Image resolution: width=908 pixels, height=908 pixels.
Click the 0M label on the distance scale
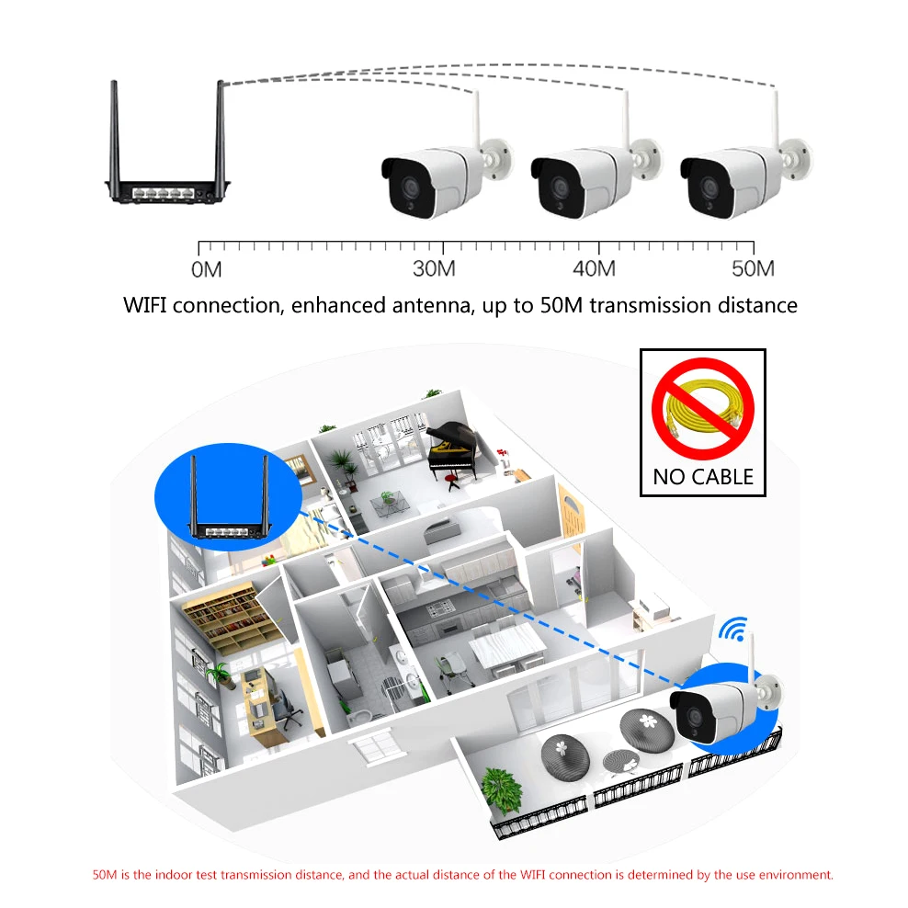point(206,269)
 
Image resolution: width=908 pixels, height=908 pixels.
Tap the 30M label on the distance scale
point(434,269)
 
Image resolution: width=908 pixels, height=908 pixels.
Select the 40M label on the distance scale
point(593,269)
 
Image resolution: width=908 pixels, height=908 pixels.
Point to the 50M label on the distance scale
point(753,269)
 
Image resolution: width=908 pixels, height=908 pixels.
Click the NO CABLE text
point(703,477)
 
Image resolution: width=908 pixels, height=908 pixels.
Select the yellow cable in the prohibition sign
point(703,413)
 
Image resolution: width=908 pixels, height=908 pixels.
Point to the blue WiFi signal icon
point(732,630)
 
